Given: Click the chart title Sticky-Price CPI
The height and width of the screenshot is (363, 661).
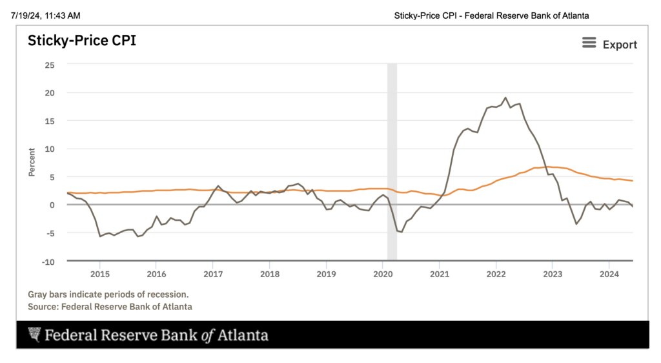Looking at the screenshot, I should [x=81, y=41].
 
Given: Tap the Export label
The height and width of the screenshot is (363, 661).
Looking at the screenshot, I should [x=620, y=45].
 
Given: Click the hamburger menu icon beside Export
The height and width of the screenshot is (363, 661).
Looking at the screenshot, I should [x=589, y=43].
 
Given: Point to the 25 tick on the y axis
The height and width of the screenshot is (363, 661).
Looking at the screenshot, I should [x=50, y=65].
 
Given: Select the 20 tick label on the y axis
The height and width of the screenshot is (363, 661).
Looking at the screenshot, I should [x=50, y=92].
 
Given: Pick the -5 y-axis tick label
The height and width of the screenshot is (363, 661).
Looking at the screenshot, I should [x=50, y=233].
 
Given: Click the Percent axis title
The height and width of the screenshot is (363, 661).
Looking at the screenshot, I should [x=32, y=162].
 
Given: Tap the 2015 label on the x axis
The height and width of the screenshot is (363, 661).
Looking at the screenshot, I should [x=99, y=273].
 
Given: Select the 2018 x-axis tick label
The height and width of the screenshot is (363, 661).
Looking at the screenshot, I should [x=269, y=273].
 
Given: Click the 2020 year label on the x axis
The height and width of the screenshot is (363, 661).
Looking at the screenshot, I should [x=382, y=273].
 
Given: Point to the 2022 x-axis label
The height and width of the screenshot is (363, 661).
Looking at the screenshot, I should [x=496, y=273].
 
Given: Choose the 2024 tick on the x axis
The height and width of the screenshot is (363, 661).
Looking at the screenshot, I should [x=609, y=273].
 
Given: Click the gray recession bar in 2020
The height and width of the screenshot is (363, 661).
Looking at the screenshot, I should [x=392, y=161].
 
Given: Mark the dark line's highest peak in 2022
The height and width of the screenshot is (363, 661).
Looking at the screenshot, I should [x=505, y=98].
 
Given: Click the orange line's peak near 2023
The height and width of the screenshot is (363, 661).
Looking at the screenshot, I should [x=547, y=167].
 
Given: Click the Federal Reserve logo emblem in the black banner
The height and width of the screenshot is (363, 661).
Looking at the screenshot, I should [x=34, y=335].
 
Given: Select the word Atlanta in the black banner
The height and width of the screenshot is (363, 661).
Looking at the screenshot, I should [x=241, y=335].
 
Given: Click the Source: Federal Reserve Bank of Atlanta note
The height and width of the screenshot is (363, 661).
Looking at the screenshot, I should [x=110, y=307].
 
